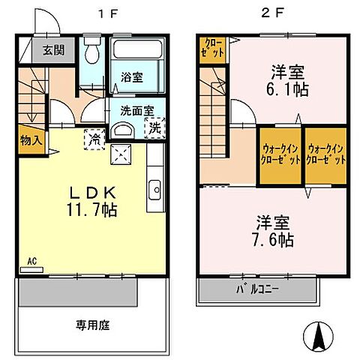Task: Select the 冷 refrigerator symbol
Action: pyautogui.click(x=95, y=138)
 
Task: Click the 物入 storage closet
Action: pyautogui.click(x=29, y=141)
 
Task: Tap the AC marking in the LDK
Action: pyautogui.click(x=31, y=262)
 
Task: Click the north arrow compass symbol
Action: pyautogui.click(x=317, y=334)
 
